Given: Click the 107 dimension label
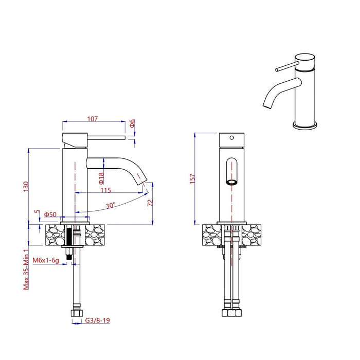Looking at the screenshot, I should (93, 119).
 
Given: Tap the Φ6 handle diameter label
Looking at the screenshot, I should (132, 123).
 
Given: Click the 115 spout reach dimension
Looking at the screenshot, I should (105, 190).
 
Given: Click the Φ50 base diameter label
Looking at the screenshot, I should (50, 214).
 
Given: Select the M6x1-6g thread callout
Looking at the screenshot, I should (45, 261).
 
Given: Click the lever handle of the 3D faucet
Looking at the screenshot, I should (285, 67).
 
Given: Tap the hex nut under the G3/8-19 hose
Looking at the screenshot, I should (75, 313).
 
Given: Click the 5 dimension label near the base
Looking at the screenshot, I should (36, 211).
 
